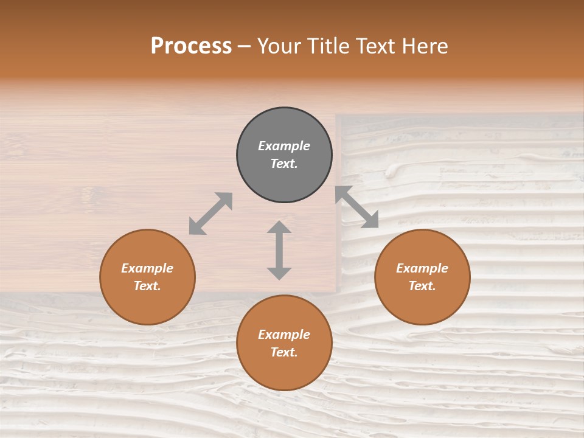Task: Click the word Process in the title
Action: [191, 46]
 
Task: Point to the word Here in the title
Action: [423, 46]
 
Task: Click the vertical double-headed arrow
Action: [279, 250]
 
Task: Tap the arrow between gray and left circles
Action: [210, 214]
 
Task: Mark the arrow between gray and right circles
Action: [357, 207]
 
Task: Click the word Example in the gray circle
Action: [284, 146]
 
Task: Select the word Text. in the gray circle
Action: [284, 164]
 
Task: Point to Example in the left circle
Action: [147, 268]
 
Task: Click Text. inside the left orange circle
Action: [147, 286]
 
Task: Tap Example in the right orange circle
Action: [422, 268]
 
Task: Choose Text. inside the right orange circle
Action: [422, 286]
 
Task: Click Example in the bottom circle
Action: [284, 335]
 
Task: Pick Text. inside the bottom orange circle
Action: [284, 352]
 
